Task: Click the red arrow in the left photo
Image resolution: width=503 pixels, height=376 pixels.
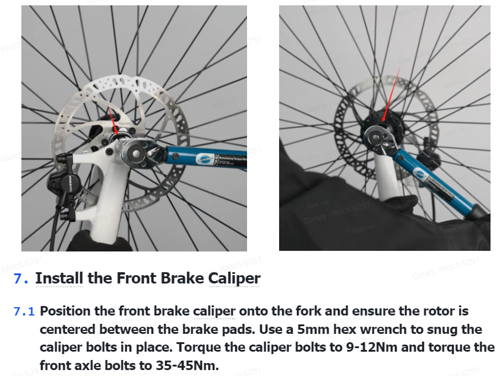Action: click(x=113, y=119)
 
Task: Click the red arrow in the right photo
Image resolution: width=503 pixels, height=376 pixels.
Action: click(x=391, y=94)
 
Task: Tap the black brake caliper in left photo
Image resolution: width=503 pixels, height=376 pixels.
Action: click(x=64, y=183)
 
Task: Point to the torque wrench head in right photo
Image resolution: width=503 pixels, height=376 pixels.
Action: click(x=378, y=139)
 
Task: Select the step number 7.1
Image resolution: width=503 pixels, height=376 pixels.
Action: click(x=24, y=311)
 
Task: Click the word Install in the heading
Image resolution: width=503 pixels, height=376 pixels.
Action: click(x=59, y=278)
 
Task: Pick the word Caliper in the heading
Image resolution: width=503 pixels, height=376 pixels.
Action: click(x=234, y=278)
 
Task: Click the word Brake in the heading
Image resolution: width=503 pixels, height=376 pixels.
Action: click(x=182, y=278)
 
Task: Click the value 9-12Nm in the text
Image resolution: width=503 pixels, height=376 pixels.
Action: click(x=372, y=348)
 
